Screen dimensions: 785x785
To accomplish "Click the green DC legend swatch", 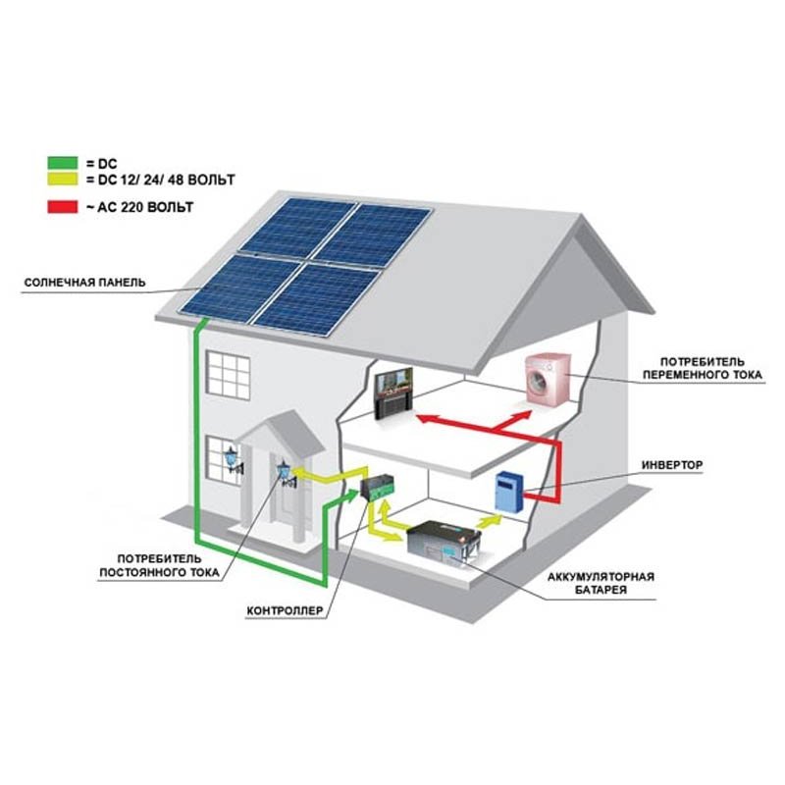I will click(60, 163).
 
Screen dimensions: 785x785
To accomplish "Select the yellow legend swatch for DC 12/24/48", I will click(60, 181).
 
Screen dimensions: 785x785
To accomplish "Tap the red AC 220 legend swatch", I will click(60, 208).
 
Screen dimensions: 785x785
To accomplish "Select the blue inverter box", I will click(508, 492).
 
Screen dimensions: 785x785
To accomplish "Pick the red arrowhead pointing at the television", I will click(423, 419).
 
